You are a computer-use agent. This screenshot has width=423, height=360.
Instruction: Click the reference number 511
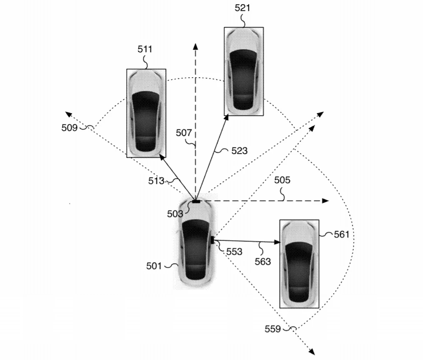coord(145,49)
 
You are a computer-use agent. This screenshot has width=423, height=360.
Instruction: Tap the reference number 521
coord(242,8)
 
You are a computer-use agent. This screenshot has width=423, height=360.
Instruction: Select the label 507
coord(184,133)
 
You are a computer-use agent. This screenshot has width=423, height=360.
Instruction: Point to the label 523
coord(239,151)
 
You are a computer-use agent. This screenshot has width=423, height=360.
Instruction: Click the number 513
coord(156,181)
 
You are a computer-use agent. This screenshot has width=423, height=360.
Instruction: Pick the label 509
coord(70,128)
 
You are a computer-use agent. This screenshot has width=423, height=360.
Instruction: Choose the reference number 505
coord(282,181)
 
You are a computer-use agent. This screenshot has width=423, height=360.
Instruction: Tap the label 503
coord(175,214)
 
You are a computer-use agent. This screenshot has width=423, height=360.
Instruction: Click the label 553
coord(234,252)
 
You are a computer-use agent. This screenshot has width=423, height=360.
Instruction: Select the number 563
coord(263,262)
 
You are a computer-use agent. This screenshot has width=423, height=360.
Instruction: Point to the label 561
coord(341,234)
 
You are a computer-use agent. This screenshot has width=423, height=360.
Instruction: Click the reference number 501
coord(154,265)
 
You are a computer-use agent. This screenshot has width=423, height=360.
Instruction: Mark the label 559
coord(273,329)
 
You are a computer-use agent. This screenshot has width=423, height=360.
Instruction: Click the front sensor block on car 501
coord(196,201)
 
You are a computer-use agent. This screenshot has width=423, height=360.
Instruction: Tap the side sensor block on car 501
coord(213,240)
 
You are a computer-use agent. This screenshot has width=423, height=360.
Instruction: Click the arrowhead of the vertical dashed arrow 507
coord(195,45)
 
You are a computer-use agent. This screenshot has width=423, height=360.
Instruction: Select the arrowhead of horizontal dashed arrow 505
coord(325,201)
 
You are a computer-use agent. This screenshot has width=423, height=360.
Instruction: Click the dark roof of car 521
coord(243,79)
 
